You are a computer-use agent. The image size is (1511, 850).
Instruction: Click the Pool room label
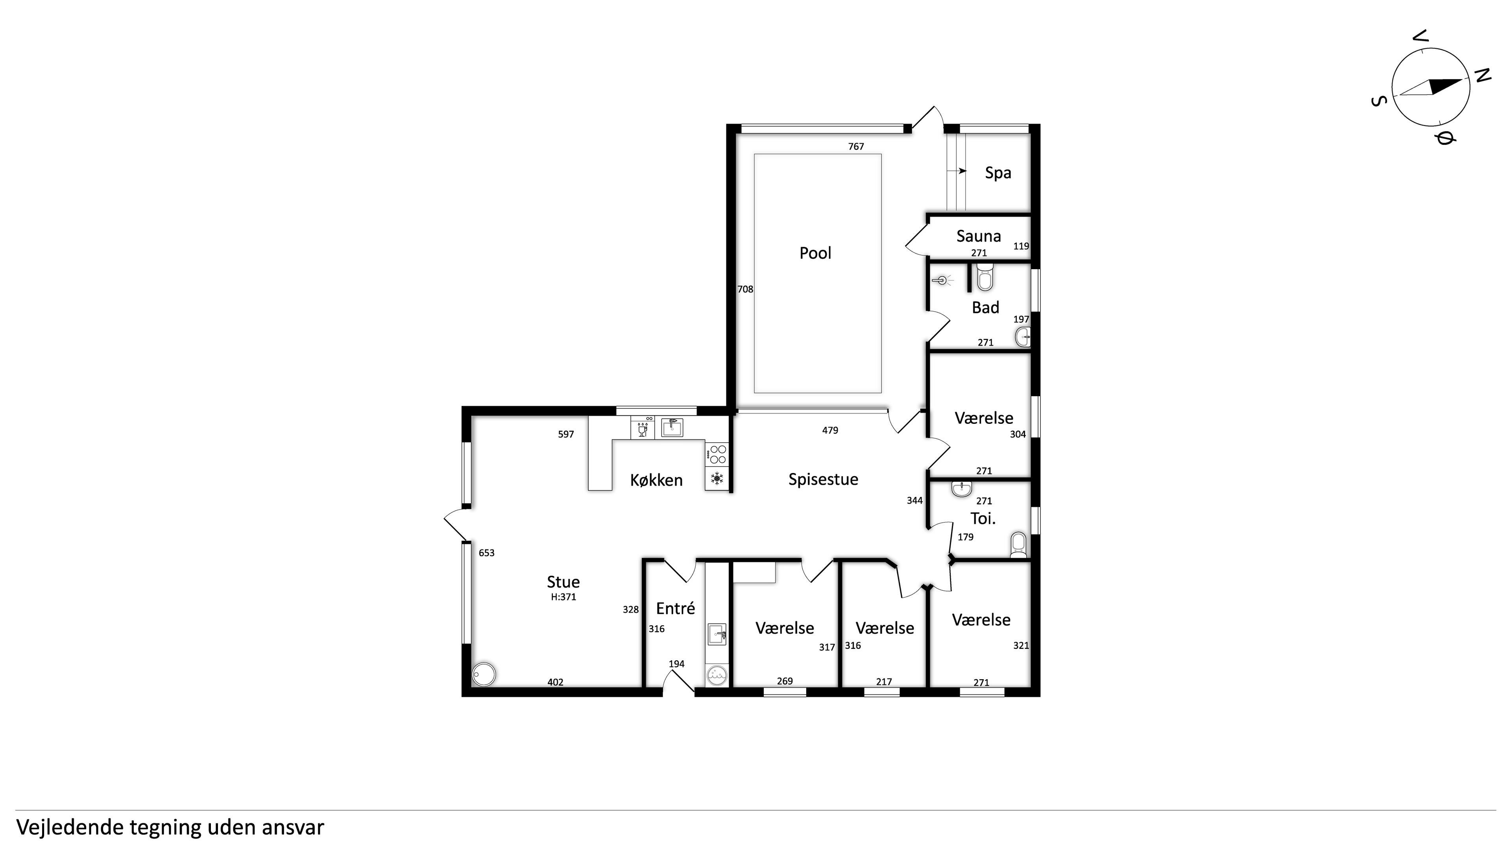pyautogui.click(x=815, y=253)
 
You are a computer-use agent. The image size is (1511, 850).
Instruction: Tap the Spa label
pyautogui.click(x=998, y=173)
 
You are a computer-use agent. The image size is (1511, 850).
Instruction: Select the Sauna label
pyautogui.click(x=978, y=236)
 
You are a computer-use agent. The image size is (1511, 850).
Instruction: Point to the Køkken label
pyautogui.click(x=656, y=480)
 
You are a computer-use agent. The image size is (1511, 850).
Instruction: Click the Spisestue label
pyautogui.click(x=823, y=479)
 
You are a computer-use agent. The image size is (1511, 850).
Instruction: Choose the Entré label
pyautogui.click(x=675, y=608)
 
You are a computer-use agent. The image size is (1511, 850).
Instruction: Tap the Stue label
pyautogui.click(x=563, y=582)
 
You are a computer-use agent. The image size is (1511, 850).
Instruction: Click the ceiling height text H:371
pyautogui.click(x=563, y=597)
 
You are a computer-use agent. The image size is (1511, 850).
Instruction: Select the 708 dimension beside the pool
pyautogui.click(x=745, y=289)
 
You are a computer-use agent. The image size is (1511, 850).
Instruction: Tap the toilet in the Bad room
pyautogui.click(x=985, y=277)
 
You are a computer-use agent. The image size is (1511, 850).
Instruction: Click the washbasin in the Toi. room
pyautogui.click(x=961, y=489)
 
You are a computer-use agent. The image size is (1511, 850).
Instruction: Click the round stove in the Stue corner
pyautogui.click(x=484, y=674)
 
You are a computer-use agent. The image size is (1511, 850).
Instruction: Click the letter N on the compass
pyautogui.click(x=1482, y=75)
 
